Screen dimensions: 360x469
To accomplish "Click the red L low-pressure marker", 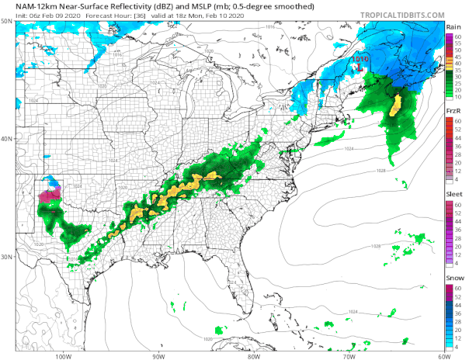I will (x=359, y=67).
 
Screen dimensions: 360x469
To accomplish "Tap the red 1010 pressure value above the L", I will (x=360, y=58).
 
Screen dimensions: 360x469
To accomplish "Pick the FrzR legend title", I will (x=454, y=112).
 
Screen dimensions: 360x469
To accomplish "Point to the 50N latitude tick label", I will (x=7, y=21).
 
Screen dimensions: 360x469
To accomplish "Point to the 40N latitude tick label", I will (x=7, y=139).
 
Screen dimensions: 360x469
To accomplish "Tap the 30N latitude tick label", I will (x=7, y=257).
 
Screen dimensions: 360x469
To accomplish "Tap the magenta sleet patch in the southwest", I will (x=49, y=196).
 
